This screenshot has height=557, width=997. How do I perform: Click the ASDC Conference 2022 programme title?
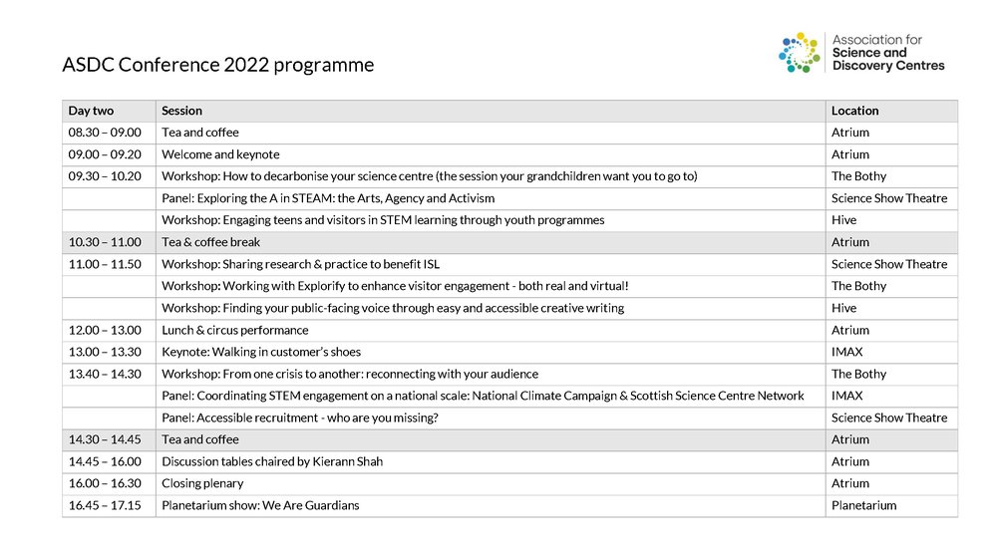(x=218, y=66)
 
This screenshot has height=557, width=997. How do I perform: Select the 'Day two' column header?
(x=91, y=111)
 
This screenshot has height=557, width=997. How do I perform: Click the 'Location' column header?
(x=855, y=111)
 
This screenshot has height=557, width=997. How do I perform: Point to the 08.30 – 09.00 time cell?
(x=105, y=133)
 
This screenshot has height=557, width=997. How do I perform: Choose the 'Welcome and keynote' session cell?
(x=220, y=154)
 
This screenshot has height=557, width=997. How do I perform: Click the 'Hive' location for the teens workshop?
(x=843, y=220)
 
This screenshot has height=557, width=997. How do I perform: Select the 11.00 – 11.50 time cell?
(x=105, y=264)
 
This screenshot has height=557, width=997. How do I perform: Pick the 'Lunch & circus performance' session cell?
(x=235, y=330)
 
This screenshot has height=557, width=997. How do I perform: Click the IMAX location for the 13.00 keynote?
(x=846, y=352)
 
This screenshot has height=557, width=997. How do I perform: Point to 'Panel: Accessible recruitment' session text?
(x=300, y=418)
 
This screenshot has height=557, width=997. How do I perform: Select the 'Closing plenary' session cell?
(x=202, y=483)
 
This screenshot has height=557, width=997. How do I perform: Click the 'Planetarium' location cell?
(x=863, y=505)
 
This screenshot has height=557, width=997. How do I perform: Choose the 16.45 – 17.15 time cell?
(x=105, y=505)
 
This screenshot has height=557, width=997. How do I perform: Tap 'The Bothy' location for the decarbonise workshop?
(x=858, y=176)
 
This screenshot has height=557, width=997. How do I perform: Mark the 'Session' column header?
(x=181, y=111)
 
